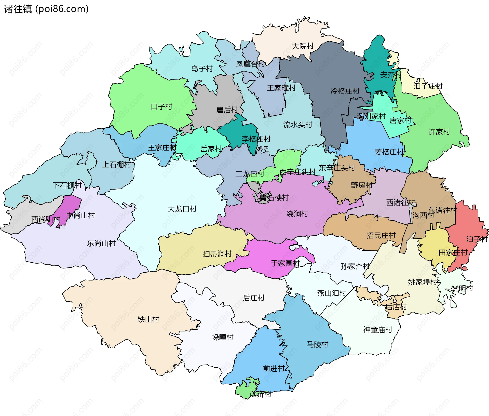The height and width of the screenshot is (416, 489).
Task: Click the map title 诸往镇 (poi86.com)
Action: [x=46, y=9]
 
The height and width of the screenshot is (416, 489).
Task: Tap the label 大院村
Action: [x=303, y=46]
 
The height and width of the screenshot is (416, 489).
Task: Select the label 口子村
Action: [x=161, y=106]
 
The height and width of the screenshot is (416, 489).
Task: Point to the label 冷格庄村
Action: [x=345, y=91]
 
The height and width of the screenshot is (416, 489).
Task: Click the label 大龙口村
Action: [x=182, y=209]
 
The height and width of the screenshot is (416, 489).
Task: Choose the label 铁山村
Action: [x=148, y=319]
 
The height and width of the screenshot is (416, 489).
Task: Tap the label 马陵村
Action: [x=317, y=344]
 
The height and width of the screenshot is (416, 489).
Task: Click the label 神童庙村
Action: [x=378, y=330]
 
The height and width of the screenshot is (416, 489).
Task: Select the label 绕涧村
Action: [x=297, y=214]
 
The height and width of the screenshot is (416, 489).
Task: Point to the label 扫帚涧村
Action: [x=217, y=254]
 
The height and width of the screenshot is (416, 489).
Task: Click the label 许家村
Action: [x=439, y=132]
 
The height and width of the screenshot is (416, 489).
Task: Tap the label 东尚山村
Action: [x=101, y=243]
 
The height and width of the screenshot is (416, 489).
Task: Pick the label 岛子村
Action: [x=202, y=69]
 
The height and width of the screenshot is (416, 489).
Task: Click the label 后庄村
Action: [x=254, y=298]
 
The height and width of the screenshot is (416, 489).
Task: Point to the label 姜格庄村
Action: [x=389, y=152]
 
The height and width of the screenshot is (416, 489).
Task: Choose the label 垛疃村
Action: [x=222, y=337]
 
